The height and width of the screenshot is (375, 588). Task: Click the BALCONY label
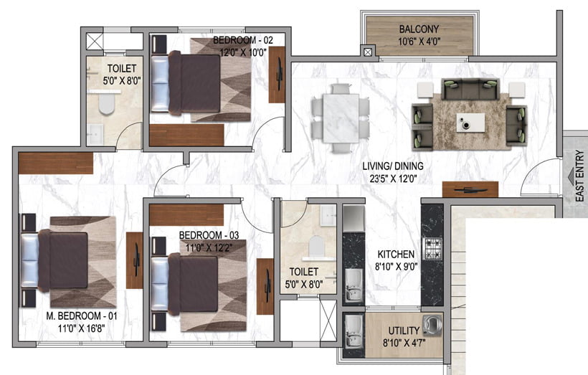tap(419, 29)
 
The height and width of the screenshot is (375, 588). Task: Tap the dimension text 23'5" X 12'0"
tap(393, 179)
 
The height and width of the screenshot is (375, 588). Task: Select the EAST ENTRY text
tap(579, 176)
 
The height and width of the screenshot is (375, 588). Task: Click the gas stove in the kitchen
tap(432, 249)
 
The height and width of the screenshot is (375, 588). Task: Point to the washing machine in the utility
tap(432, 324)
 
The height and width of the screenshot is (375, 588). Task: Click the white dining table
tap(341, 118)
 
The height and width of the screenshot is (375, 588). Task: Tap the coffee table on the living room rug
tap(470, 123)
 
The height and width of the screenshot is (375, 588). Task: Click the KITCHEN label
tap(396, 255)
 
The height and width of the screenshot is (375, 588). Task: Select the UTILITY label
tap(404, 331)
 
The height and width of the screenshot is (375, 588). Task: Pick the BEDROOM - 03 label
tap(209, 235)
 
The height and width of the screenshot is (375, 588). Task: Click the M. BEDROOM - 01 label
tap(81, 315)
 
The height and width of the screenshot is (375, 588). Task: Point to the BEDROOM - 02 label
tap(243, 39)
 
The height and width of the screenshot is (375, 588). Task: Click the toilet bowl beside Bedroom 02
tap(106, 103)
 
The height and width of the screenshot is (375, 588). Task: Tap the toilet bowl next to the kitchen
tap(316, 246)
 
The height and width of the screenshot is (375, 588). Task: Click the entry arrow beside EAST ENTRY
tap(571, 175)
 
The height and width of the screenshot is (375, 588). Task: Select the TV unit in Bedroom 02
tap(277, 75)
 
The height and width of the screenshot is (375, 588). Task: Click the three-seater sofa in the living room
tap(470, 88)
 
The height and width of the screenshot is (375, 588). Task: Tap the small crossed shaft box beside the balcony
tap(368, 52)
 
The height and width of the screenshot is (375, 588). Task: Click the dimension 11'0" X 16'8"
tap(81, 328)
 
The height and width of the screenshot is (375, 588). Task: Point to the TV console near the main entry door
tap(470, 189)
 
